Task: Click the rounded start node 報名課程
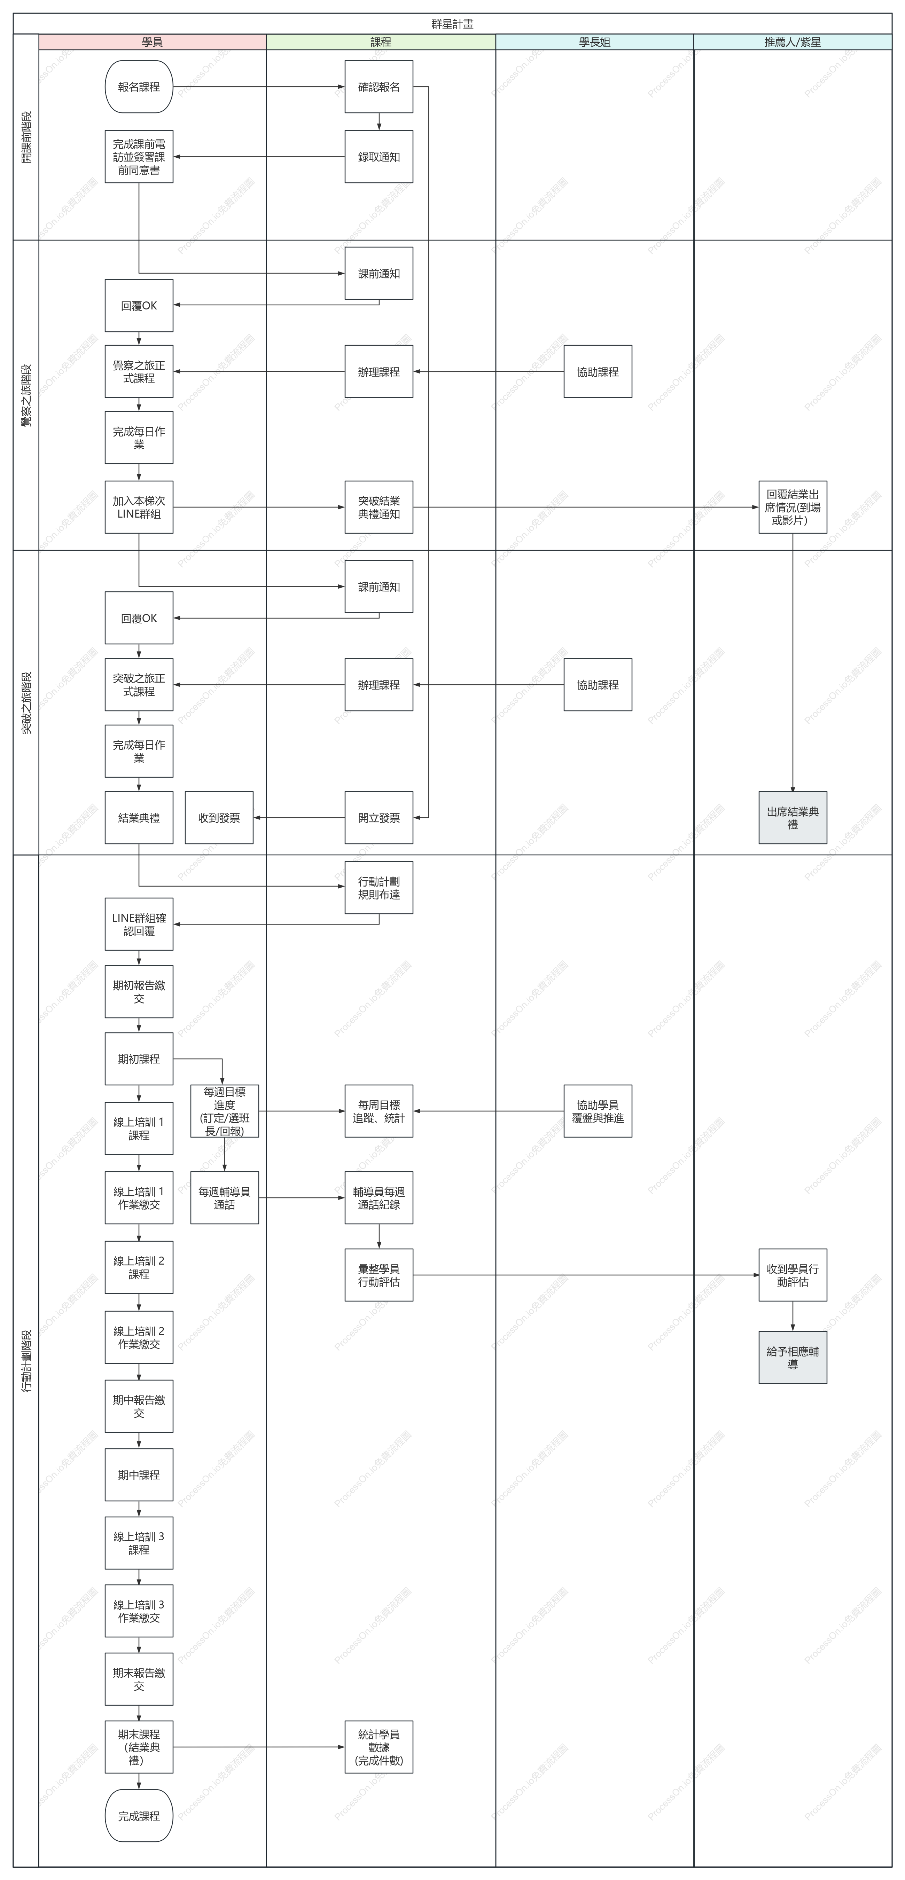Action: (139, 87)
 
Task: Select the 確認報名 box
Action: (379, 87)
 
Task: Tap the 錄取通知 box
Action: (379, 157)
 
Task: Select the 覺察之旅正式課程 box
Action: (139, 371)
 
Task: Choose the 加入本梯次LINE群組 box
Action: (139, 507)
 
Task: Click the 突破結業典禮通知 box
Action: (379, 507)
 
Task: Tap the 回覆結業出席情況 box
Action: (793, 507)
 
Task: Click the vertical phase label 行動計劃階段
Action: (26, 1361)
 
